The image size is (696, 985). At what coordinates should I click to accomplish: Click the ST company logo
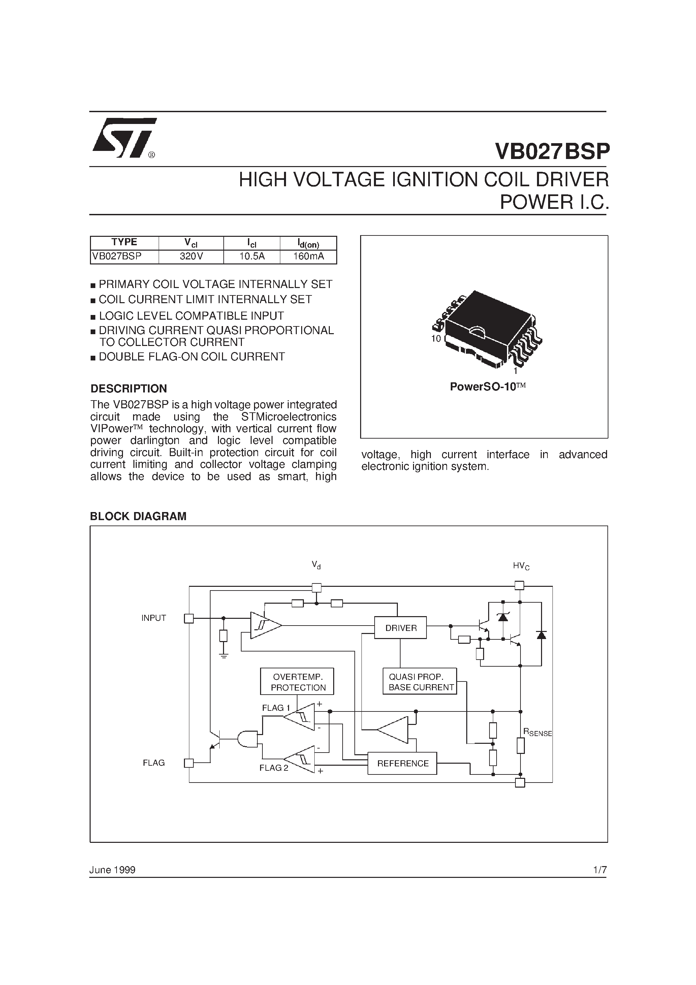[x=124, y=138]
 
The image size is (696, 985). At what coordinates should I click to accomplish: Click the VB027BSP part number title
[x=552, y=152]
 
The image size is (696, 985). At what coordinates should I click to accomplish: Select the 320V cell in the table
[x=191, y=257]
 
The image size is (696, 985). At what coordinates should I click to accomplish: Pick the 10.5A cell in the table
[x=252, y=257]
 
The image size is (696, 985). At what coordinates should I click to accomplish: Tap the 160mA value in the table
[x=308, y=257]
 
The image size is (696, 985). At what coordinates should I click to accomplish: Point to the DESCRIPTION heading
[x=128, y=389]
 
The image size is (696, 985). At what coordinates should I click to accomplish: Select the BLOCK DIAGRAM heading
[x=138, y=516]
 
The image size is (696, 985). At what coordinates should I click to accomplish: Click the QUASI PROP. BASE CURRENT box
[x=420, y=682]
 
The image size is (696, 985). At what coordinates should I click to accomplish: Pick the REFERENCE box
[x=403, y=764]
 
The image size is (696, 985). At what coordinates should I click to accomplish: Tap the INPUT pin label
[x=154, y=618]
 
